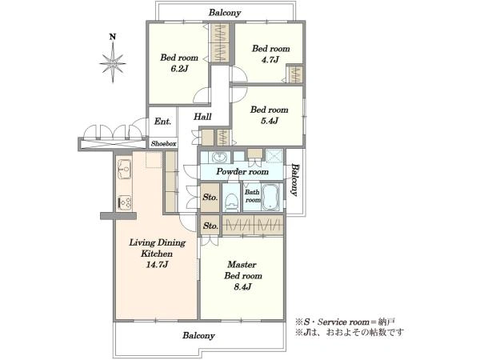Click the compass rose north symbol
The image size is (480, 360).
click(x=114, y=59)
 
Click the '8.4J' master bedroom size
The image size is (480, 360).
click(x=241, y=286)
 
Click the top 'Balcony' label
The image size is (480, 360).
click(x=225, y=13)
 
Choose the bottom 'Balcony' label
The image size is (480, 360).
click(x=197, y=336)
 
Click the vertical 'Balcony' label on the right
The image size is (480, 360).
click(x=294, y=180)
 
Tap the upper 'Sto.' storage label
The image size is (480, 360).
click(x=210, y=196)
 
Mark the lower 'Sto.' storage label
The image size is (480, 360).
click(x=210, y=226)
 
